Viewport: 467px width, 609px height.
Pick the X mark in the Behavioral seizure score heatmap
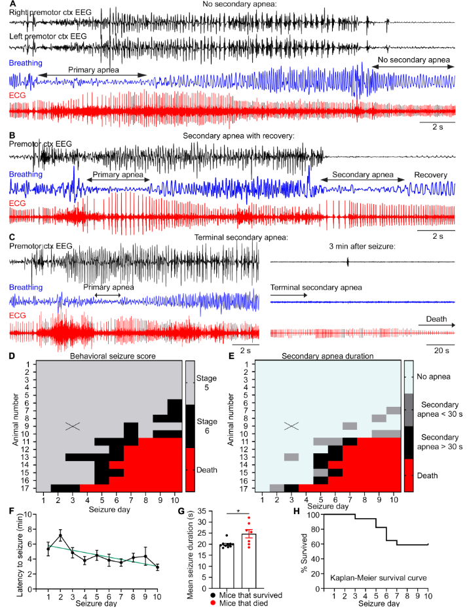(72, 426)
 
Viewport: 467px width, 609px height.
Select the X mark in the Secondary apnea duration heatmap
(291, 426)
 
